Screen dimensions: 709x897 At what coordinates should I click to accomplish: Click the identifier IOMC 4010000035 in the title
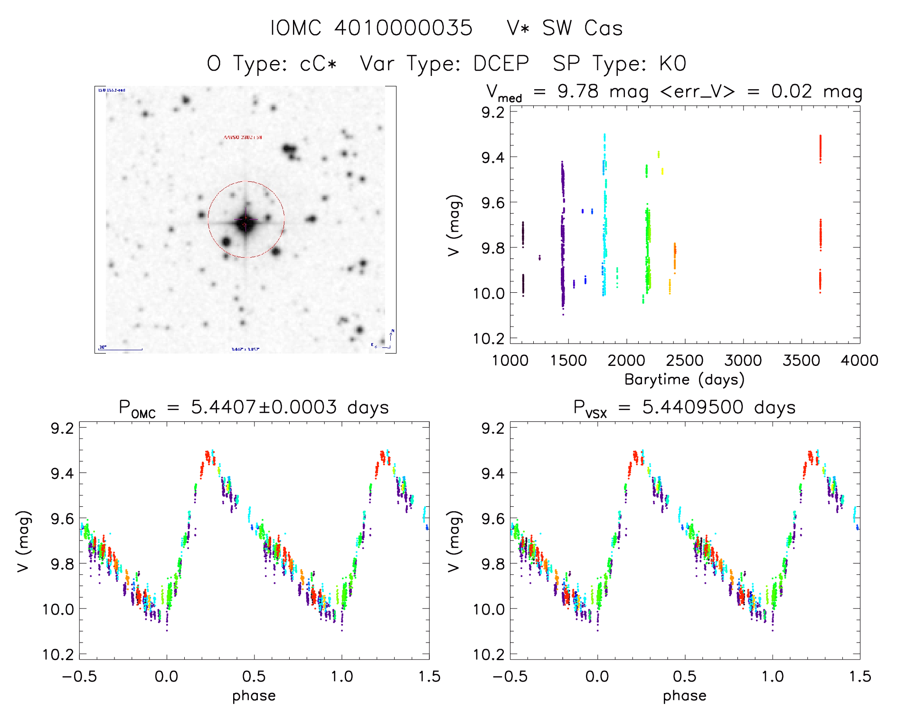pyautogui.click(x=371, y=28)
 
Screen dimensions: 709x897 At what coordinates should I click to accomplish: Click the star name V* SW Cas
pyautogui.click(x=564, y=28)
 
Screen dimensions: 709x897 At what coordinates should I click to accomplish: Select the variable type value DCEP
pyautogui.click(x=501, y=64)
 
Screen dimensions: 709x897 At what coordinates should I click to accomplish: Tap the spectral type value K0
pyautogui.click(x=672, y=64)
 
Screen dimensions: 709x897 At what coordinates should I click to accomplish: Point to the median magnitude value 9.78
pyautogui.click(x=578, y=91)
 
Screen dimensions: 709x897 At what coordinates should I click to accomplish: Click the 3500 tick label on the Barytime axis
pyautogui.click(x=801, y=361)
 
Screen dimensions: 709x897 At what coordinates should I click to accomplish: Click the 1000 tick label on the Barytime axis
pyautogui.click(x=510, y=361)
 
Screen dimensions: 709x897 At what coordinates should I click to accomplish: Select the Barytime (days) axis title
pyautogui.click(x=684, y=380)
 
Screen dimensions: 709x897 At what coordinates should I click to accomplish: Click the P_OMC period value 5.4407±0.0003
pyautogui.click(x=264, y=407)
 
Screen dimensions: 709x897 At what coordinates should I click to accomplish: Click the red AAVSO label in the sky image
pyautogui.click(x=243, y=137)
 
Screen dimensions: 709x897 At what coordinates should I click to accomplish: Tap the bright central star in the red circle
pyautogui.click(x=245, y=222)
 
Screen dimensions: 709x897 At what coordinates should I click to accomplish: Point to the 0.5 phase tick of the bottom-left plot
pyautogui.click(x=254, y=676)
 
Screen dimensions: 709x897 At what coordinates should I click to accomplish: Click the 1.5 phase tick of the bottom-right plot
pyautogui.click(x=859, y=676)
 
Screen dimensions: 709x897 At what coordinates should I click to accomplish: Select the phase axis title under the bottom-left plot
pyautogui.click(x=254, y=696)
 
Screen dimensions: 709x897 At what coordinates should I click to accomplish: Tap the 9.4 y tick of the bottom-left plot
pyautogui.click(x=62, y=473)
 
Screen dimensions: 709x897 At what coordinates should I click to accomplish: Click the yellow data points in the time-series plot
pyautogui.click(x=659, y=154)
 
